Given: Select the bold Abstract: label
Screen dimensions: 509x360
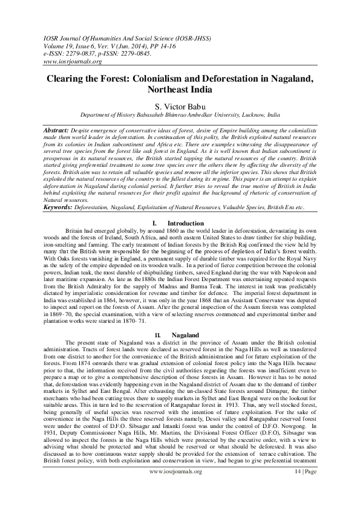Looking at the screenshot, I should [x=58, y=131].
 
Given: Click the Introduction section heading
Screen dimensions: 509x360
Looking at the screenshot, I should [x=185, y=223].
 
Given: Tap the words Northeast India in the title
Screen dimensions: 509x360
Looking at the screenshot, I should [x=180, y=90].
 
